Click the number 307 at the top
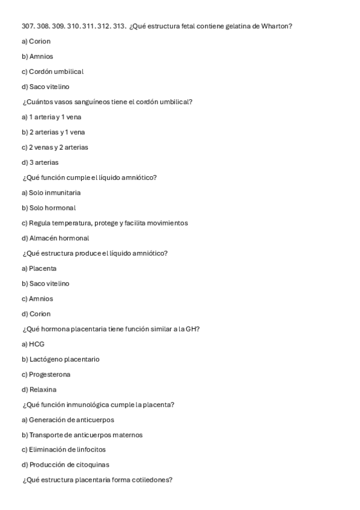click(x=28, y=26)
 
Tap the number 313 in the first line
click(x=118, y=26)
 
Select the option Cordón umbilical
click(x=52, y=72)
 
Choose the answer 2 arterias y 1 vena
click(x=49, y=132)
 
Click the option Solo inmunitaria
click(x=51, y=192)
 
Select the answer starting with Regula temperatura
click(x=105, y=223)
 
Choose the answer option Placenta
click(x=39, y=268)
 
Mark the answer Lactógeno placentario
click(x=61, y=359)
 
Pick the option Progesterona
click(x=46, y=374)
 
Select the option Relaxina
click(x=39, y=389)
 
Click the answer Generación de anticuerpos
click(x=68, y=420)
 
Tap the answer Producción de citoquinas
click(x=66, y=465)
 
